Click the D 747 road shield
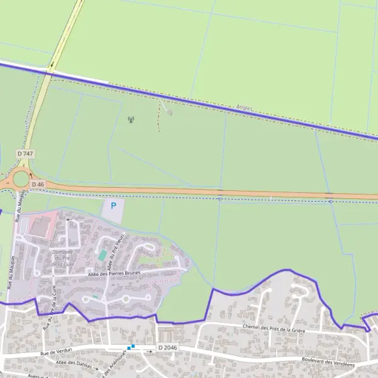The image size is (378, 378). pos(25,154)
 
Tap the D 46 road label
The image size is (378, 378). pos(38,184)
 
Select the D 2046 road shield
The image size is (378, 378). pos(168,348)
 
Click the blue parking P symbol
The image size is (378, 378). pos(113,205)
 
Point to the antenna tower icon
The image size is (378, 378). pos(130,119)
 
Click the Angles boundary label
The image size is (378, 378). pos(244,108)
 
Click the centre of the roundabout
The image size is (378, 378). pos(20,180)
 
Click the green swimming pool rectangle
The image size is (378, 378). pos(102,255)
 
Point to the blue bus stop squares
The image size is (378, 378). pos(131,346)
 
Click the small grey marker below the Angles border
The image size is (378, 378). pos(169,113)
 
